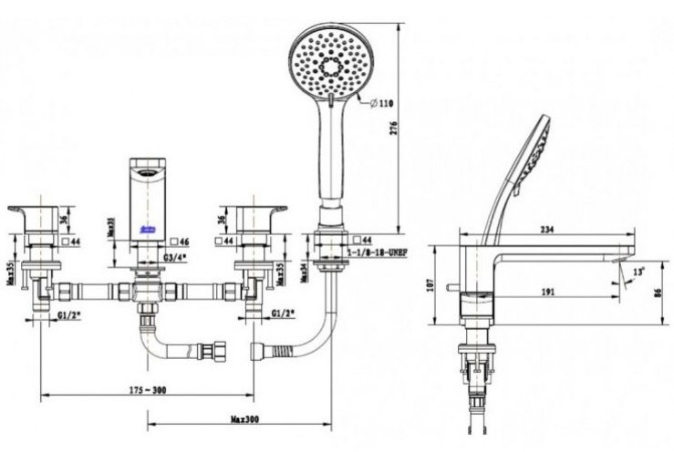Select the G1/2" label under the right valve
tap(284, 313)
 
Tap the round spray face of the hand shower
tap(330, 62)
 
